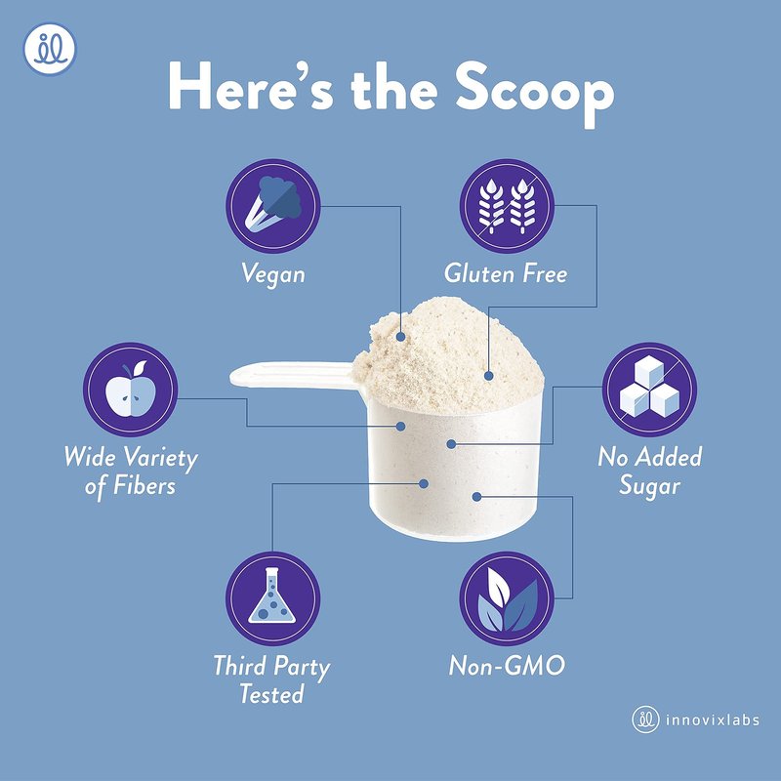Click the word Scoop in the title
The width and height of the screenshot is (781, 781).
pos(534,94)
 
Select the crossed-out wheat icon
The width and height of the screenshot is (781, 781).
pos(507,206)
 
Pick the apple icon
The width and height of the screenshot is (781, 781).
pos(130,390)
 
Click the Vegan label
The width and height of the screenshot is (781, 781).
pos(273,274)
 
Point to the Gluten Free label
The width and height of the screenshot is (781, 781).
pos(506,273)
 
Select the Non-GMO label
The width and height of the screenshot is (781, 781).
pos(507,666)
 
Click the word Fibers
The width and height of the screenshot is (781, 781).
pos(144,485)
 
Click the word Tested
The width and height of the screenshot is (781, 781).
pos(271,693)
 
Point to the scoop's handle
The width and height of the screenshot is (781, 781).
pos(294,375)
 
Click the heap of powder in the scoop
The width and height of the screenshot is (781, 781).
pos(448,356)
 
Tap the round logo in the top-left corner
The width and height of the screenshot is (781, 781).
pos(50,49)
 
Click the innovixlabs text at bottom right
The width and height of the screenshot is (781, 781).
pos(713,720)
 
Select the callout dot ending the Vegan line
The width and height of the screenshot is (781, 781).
pos(400,337)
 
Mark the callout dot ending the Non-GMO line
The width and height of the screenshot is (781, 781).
pos(476,497)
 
